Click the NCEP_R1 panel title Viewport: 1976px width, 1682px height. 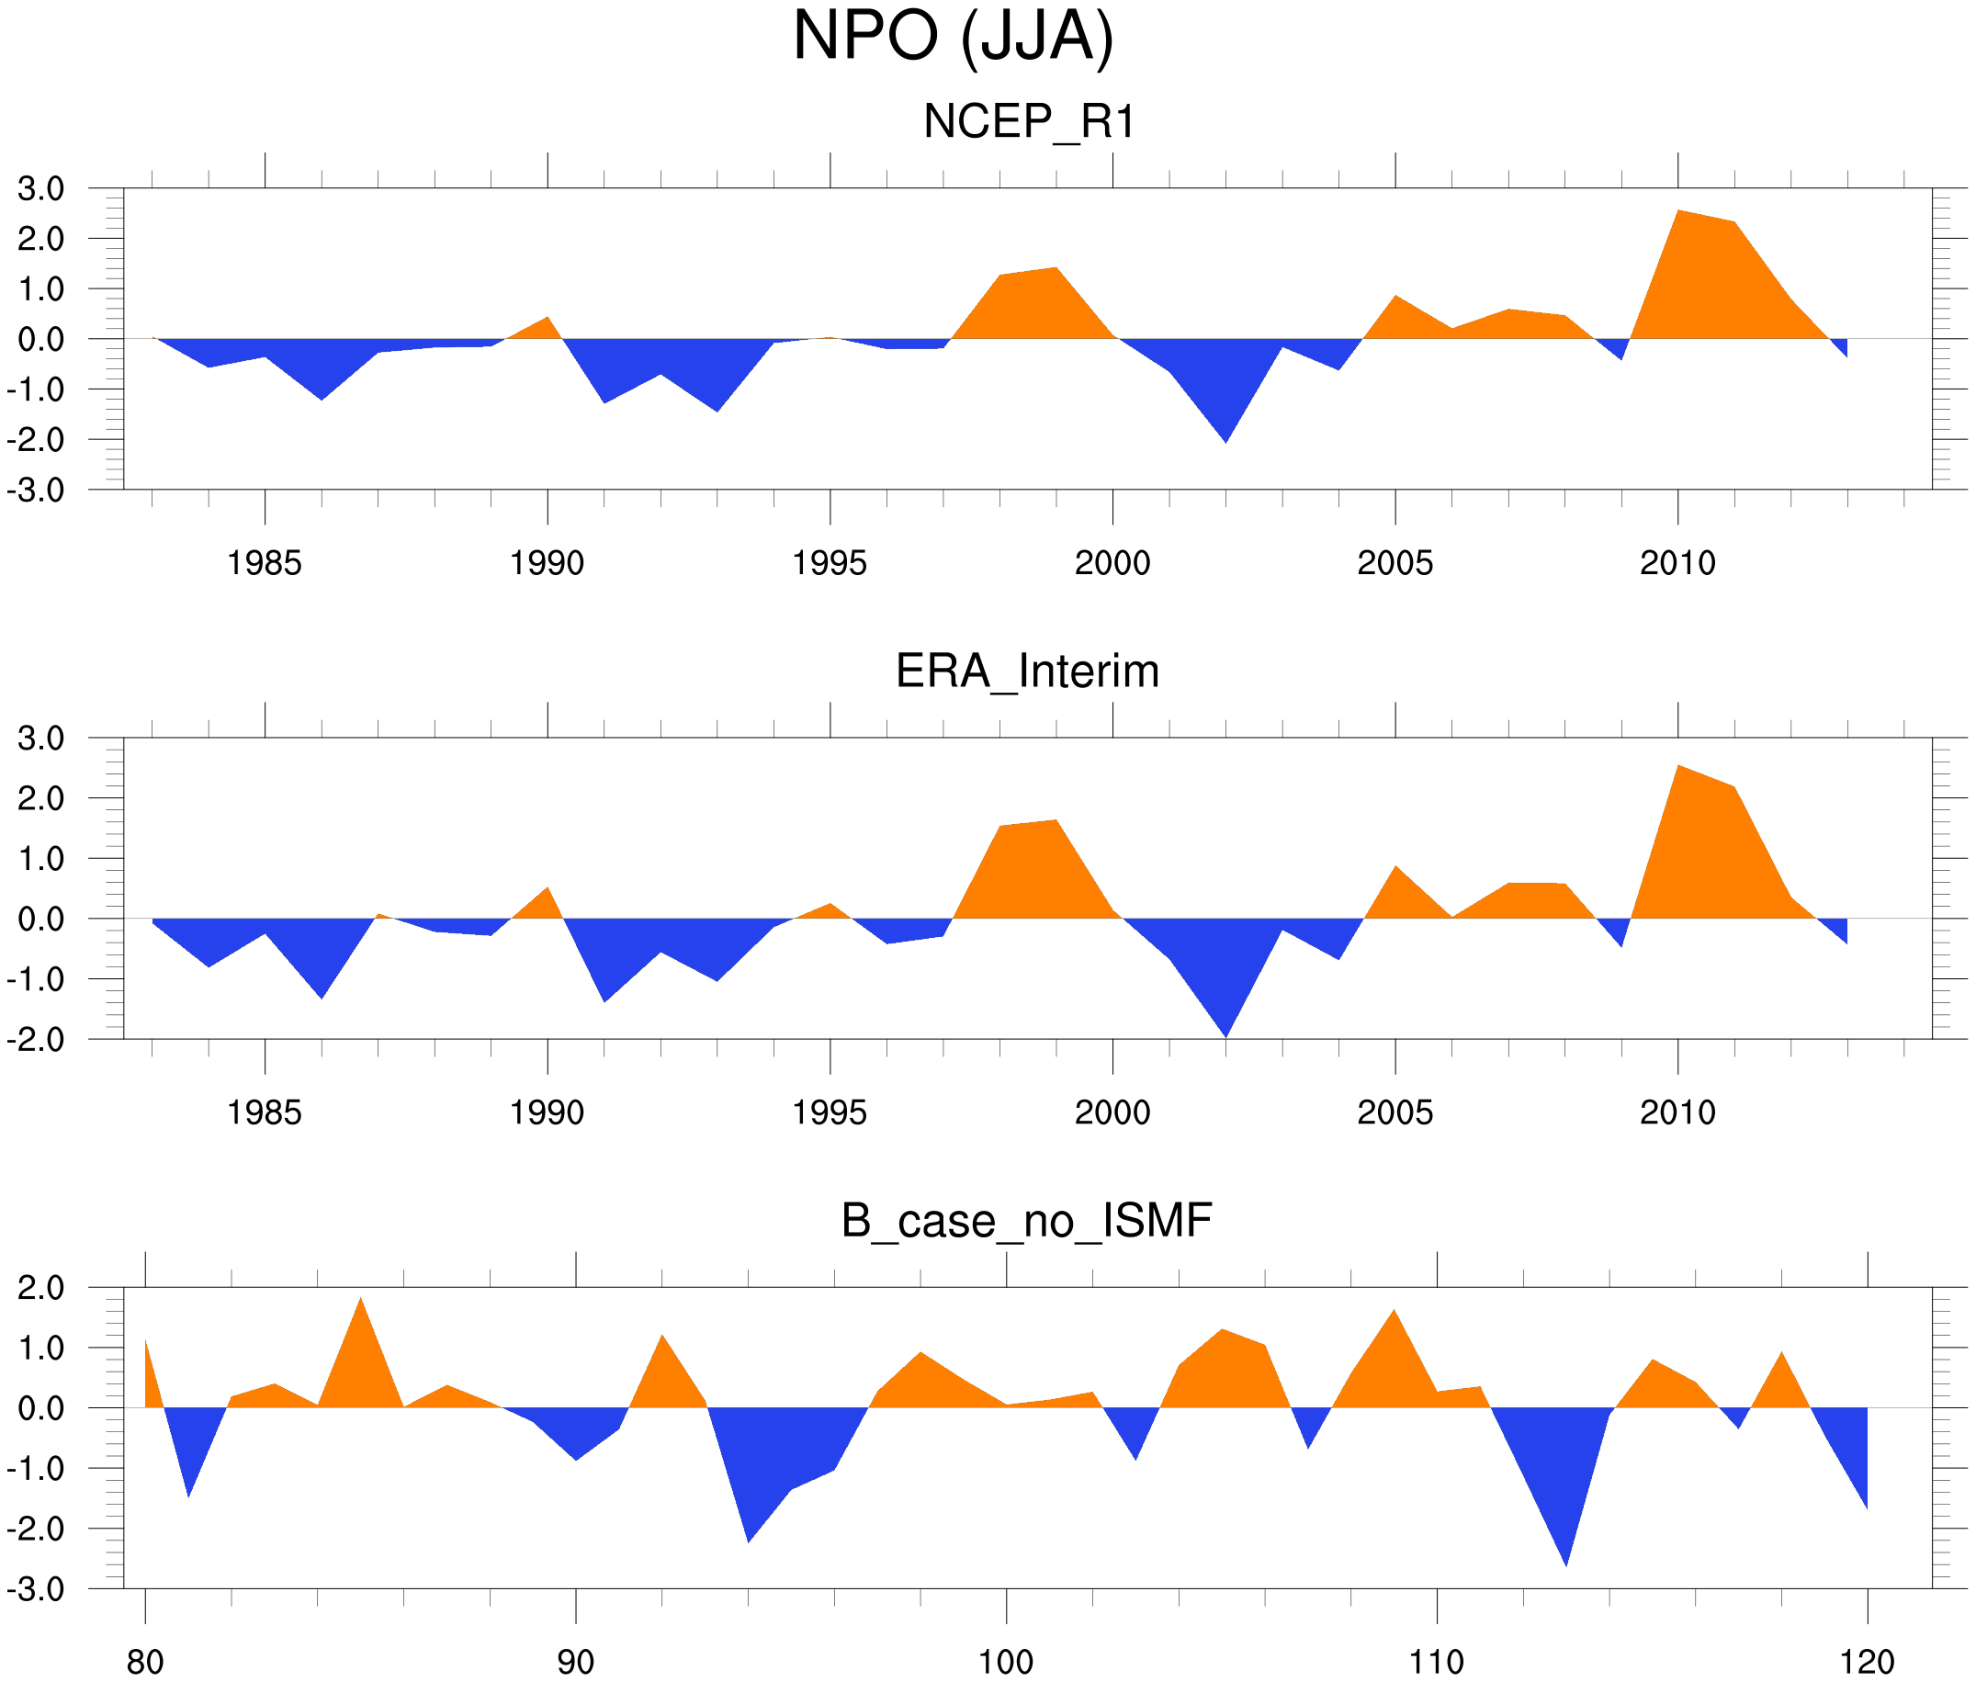tap(1029, 122)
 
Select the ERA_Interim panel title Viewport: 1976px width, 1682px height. tap(1027, 672)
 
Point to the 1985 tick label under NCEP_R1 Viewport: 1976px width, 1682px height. tap(265, 563)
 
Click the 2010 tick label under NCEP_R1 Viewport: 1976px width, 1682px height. tap(1677, 563)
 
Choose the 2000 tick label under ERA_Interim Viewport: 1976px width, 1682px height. tap(1112, 1112)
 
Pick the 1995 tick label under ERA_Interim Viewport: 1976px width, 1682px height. tap(830, 1112)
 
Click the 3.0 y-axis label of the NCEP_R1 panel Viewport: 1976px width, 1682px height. tap(41, 189)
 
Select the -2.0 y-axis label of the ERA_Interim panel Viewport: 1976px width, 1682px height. tap(36, 1039)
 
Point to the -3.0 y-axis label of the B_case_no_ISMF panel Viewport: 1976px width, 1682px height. tap(36, 1589)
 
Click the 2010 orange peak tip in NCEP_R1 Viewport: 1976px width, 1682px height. tap(1678, 210)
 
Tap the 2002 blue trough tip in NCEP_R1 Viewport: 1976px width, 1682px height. tap(1225, 443)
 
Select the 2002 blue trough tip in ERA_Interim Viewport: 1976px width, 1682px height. tap(1225, 1036)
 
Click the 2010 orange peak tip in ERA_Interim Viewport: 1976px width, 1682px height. tap(1678, 765)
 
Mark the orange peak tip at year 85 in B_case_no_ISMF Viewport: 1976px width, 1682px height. tap(360, 1298)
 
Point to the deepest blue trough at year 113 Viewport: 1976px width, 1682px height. tap(1566, 1565)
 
